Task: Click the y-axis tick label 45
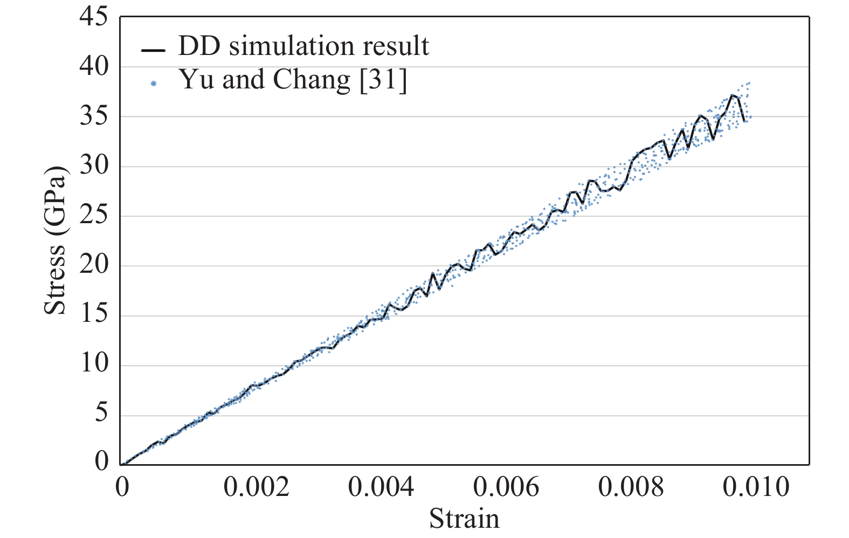(94, 18)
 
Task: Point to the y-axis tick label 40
(94, 67)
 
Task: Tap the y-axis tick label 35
(94, 116)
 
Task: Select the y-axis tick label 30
(94, 166)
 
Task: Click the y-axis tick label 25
(94, 216)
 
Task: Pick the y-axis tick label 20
(94, 265)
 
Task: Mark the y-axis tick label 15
(94, 315)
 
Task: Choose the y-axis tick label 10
(94, 364)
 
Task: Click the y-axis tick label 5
(101, 414)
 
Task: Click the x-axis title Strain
(464, 519)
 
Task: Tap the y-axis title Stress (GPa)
(55, 240)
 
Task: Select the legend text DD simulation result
(303, 46)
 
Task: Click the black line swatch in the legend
(153, 50)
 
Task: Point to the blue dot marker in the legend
(154, 83)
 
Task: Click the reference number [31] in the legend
(383, 80)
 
